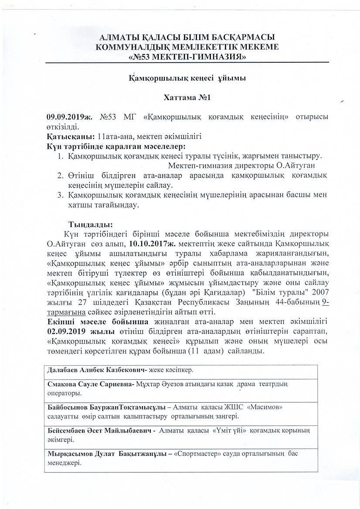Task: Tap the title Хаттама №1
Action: click(187, 98)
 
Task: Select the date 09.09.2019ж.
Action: click(70, 117)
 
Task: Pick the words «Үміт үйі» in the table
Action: click(230, 430)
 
